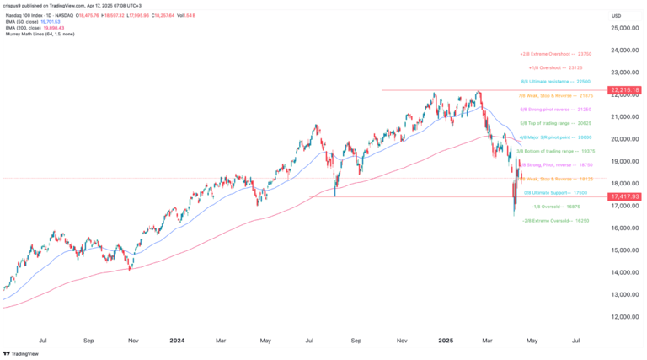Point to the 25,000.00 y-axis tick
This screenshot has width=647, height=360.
coord(622,29)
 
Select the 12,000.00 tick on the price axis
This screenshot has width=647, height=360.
coord(622,316)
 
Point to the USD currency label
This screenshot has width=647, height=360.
coord(616,15)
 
